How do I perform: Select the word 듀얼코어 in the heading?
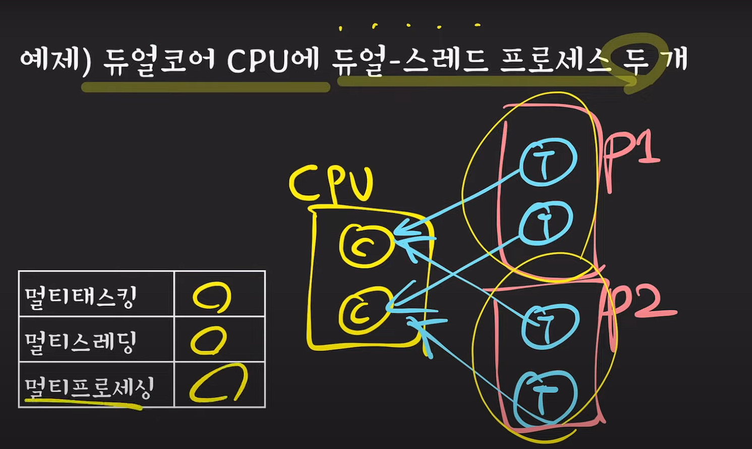click(157, 60)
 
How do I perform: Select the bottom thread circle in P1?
click(546, 222)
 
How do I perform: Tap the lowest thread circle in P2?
click(545, 396)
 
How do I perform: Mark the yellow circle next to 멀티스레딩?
click(208, 341)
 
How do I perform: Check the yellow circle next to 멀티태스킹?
click(212, 297)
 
